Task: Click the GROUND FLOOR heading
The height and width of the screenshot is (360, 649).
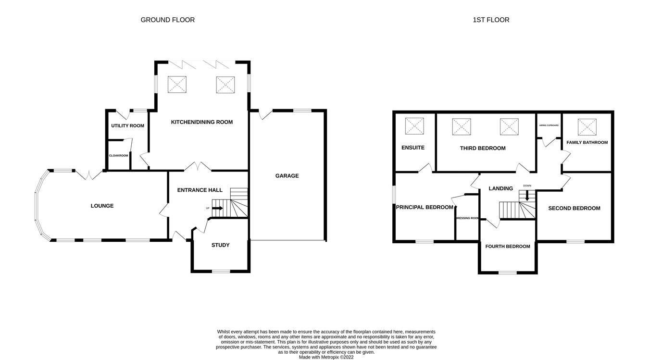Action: [167, 20]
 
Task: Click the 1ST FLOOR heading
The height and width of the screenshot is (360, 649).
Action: [491, 20]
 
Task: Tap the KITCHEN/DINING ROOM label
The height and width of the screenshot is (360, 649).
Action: [201, 122]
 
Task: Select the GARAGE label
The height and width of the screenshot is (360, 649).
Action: [287, 176]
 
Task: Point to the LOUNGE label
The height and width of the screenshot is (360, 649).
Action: [102, 206]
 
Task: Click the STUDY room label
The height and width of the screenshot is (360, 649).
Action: [220, 245]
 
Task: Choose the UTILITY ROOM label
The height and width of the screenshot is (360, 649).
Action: [127, 126]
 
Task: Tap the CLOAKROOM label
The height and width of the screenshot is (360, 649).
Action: [118, 155]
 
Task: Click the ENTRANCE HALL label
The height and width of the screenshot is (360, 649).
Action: [200, 190]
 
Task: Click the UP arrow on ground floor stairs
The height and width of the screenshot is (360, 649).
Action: [217, 208]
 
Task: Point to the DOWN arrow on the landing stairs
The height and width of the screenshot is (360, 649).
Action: [527, 195]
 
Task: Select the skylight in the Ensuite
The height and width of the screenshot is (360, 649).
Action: [414, 126]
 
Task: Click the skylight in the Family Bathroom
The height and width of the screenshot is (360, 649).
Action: [587, 127]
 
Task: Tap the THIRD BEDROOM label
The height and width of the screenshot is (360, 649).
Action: [483, 148]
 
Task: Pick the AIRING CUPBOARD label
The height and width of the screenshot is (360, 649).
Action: [549, 125]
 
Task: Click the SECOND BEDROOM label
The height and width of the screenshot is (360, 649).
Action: [574, 208]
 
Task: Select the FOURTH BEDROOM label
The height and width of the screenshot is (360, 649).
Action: [507, 247]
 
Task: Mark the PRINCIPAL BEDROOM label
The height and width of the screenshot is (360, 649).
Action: [424, 208]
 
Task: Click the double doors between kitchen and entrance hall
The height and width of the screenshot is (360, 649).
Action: [198, 166]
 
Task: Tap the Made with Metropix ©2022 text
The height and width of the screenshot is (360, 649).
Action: [326, 357]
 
